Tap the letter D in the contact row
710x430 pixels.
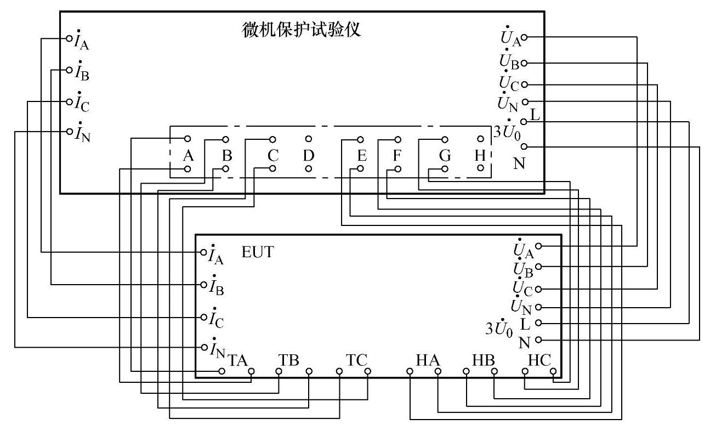tap(309, 156)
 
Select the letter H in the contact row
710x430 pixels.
tap(480, 156)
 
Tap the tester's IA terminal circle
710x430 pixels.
tap(70, 38)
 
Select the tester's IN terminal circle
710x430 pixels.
tap(70, 131)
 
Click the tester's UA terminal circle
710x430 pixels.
tap(524, 37)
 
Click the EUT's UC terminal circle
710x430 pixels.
tap(538, 288)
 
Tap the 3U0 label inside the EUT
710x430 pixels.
tap(498, 329)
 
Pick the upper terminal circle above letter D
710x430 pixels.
tap(309, 139)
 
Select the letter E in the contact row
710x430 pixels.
tap(361, 156)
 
